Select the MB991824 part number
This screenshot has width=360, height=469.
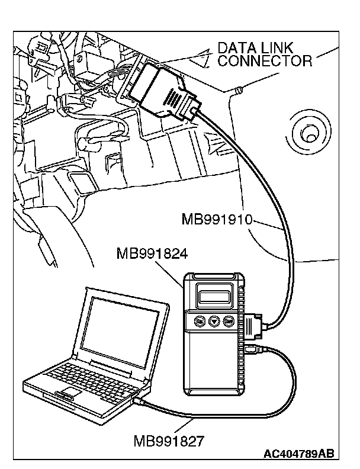coord(153,255)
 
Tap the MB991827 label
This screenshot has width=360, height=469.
coord(170,441)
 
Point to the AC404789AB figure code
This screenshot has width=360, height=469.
coord(299,454)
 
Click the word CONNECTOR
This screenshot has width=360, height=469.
coord(265,60)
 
